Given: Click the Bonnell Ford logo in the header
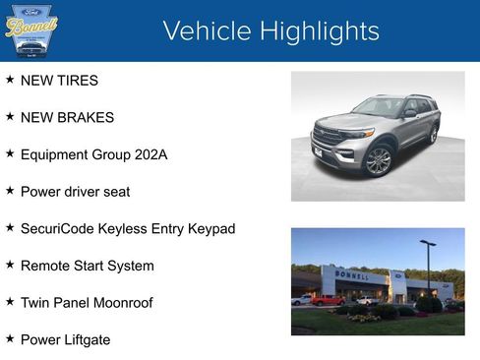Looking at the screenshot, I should [31, 30].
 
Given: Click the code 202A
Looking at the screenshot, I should [150, 154].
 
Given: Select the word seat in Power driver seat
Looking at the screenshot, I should [116, 192].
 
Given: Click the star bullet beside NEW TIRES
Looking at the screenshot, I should [10, 80].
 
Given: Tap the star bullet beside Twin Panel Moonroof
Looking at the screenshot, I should [10, 302].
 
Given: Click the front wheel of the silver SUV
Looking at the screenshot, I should [379, 159].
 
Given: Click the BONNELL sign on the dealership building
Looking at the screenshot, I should [352, 275].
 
